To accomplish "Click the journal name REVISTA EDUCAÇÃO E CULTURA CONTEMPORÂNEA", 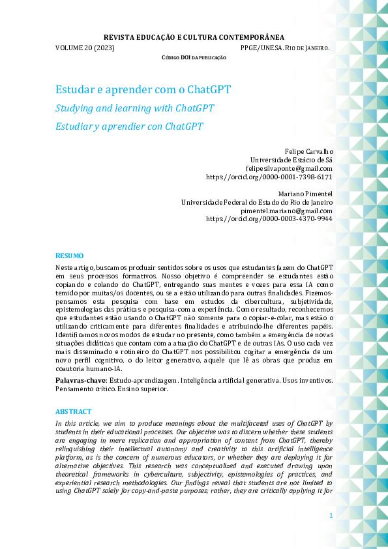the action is (194, 38).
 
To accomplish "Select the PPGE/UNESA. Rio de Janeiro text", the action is (284, 48).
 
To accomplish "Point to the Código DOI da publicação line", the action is (194, 58).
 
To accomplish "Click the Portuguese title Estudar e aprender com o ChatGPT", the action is (143, 89).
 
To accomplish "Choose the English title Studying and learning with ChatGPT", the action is (134, 108).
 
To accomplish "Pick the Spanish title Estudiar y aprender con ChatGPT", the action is (129, 126).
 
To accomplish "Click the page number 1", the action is (331, 516).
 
